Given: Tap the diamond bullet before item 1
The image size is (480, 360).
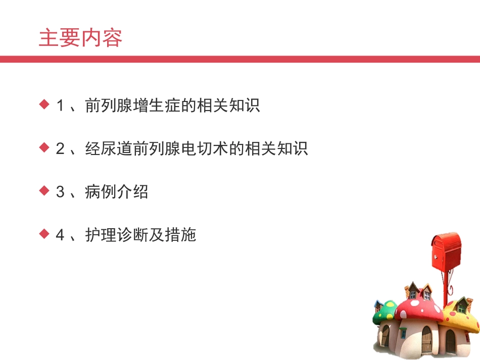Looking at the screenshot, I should click(x=44, y=105).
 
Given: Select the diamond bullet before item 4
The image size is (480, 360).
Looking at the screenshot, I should click(x=44, y=234).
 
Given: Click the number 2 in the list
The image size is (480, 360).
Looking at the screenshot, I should click(x=61, y=148).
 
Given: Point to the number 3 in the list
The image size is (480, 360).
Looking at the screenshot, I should click(x=61, y=192).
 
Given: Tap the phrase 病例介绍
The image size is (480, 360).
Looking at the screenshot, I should click(x=117, y=192).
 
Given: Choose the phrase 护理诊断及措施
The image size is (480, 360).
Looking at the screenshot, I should click(x=140, y=235).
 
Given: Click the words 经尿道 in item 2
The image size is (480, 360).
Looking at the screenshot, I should click(x=109, y=148).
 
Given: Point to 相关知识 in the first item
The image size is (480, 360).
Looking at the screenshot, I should click(x=228, y=106).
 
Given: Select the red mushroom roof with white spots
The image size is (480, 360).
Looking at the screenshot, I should click(x=420, y=308).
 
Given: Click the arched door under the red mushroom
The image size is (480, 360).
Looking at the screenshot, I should click(x=427, y=339).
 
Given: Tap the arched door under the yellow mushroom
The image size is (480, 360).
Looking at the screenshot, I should click(x=450, y=342).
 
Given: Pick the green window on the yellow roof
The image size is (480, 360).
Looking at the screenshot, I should click(x=461, y=308).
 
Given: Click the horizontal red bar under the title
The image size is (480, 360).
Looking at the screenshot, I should click(x=240, y=59).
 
